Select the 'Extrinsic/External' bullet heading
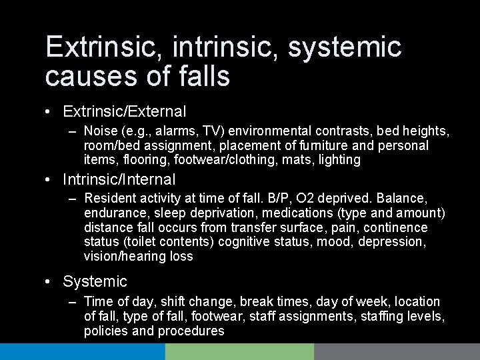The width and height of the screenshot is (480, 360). click(124, 111)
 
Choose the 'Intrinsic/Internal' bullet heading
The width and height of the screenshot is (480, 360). click(119, 179)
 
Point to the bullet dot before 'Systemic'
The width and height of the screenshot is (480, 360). click(51, 282)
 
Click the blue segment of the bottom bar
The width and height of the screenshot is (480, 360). click(82, 352)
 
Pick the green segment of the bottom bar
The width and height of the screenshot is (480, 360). click(240, 352)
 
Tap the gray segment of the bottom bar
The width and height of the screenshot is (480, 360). click(397, 352)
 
